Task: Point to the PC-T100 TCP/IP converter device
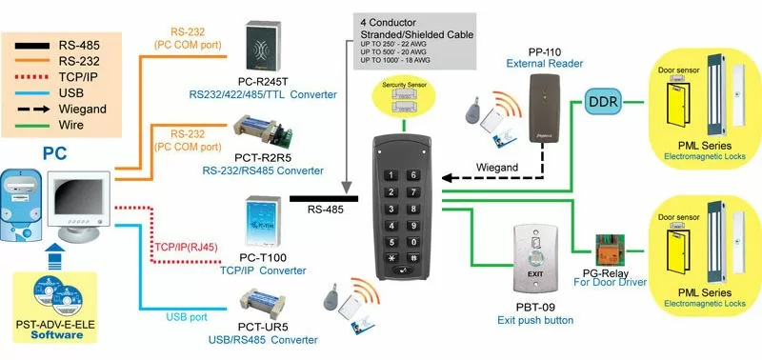(x=261, y=223)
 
